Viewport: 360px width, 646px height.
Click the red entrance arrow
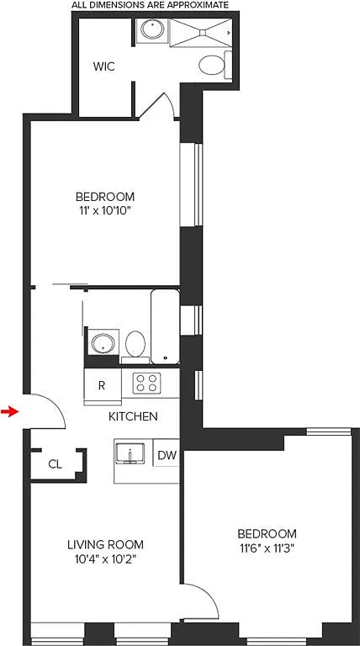click(10, 411)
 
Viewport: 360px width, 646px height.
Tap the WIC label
click(103, 66)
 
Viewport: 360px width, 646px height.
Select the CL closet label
click(55, 464)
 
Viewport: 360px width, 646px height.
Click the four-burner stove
click(146, 383)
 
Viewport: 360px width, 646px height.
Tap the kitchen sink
click(130, 453)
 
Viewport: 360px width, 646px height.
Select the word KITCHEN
click(133, 416)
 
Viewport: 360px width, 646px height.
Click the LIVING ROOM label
click(105, 545)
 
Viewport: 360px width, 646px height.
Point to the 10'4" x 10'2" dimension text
click(105, 559)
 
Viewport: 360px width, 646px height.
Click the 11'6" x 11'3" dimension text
click(267, 548)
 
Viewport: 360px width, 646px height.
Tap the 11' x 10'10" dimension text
click(104, 211)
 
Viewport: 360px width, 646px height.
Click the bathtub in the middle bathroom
click(165, 326)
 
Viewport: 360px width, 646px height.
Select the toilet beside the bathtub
click(135, 347)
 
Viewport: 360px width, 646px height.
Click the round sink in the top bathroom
click(152, 29)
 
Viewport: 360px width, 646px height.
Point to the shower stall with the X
click(201, 32)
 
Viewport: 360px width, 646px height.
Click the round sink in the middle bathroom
click(103, 343)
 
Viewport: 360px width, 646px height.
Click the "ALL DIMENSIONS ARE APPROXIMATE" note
click(150, 5)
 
